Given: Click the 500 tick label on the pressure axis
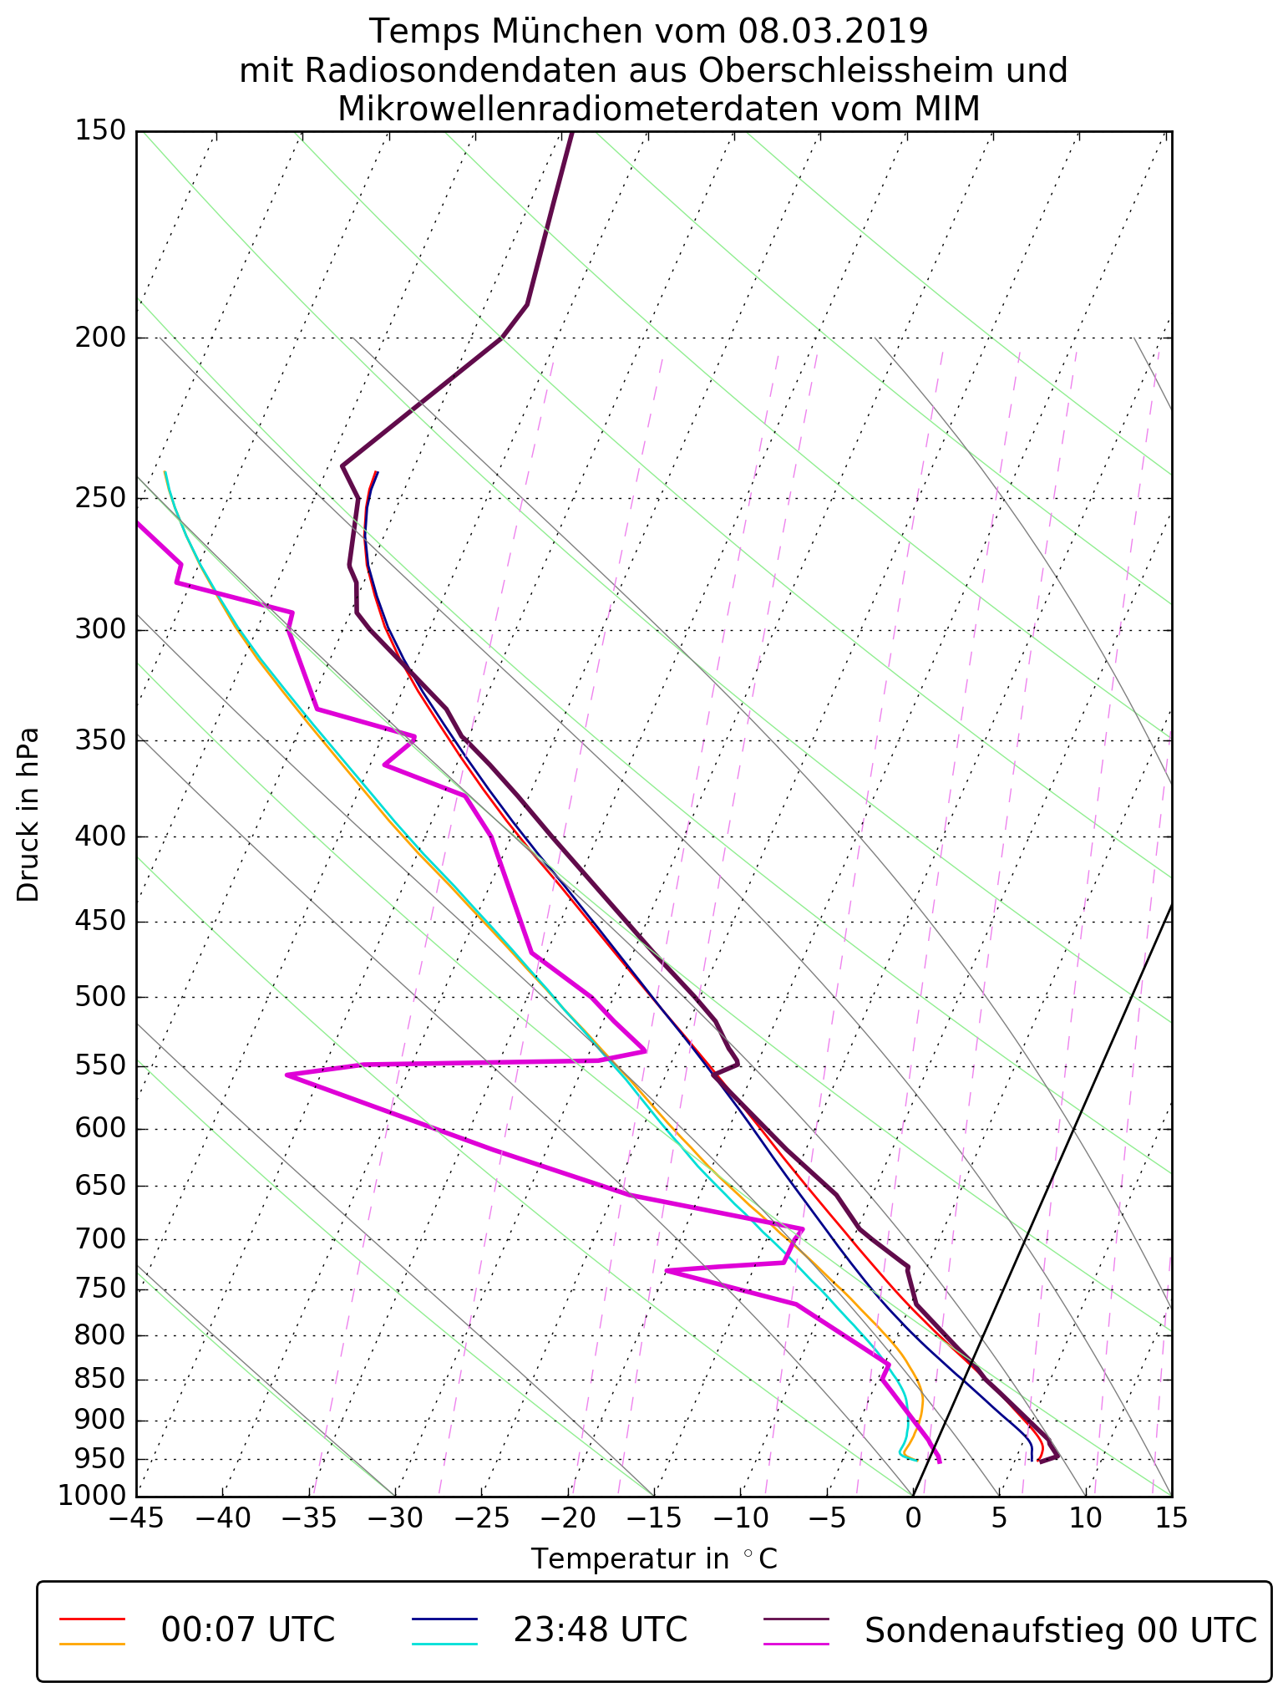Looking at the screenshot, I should [99, 997].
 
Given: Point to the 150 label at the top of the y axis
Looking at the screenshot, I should [99, 130].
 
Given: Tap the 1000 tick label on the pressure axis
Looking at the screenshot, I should [91, 1495].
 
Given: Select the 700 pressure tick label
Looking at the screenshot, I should [99, 1239].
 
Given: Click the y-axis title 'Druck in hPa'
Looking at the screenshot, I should [28, 815].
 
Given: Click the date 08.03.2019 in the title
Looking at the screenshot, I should [833, 32].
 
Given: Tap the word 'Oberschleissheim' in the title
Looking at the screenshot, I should [845, 71].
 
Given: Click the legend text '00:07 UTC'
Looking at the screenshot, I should [247, 1629].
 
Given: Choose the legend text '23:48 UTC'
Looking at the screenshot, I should [600, 1629].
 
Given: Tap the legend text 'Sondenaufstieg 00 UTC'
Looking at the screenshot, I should [1060, 1629].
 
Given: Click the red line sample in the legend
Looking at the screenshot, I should [92, 1619].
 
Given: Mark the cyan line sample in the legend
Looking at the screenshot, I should [444, 1644].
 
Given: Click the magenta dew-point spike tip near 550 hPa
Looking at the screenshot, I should [287, 1075].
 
